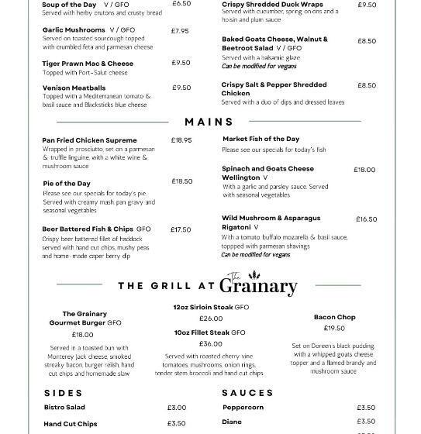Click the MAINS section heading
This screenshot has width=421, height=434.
point(209,122)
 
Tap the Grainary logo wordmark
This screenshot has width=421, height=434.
point(257,285)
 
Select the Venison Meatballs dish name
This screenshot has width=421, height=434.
point(74,88)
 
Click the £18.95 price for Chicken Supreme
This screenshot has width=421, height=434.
point(181,140)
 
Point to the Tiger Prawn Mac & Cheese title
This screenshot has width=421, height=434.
point(88,64)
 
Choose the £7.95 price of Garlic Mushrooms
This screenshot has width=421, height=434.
point(180,31)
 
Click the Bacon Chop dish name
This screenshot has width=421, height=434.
point(334,317)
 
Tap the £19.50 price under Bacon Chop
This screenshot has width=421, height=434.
point(334,329)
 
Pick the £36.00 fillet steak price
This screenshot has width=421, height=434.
point(210,344)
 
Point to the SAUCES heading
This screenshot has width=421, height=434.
point(247,393)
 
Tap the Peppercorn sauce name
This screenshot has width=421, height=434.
point(243,408)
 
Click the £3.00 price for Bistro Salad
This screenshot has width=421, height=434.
point(177,408)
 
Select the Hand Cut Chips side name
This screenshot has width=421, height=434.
point(71,424)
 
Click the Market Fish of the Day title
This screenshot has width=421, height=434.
point(261,139)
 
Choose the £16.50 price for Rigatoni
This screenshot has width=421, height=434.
point(366,219)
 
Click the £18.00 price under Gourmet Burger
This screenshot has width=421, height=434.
point(82,335)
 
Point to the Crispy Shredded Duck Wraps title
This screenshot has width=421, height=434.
point(272,5)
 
